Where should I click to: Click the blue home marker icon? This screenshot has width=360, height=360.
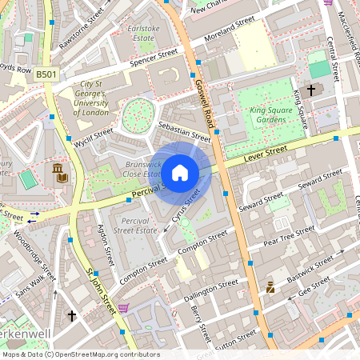tap(180, 171)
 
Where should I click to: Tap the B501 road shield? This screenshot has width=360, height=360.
tap(46, 74)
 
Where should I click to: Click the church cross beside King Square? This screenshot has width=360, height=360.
tap(311, 91)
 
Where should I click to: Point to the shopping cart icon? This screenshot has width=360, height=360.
tap(122, 308)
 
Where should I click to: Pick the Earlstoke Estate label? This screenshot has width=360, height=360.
tap(144, 33)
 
